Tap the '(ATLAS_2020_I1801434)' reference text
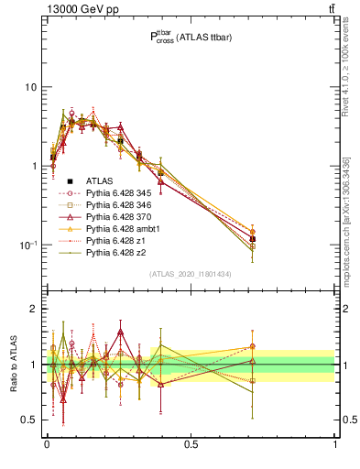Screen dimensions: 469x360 click(x=191, y=274)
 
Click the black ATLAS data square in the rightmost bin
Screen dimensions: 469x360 click(x=252, y=238)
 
